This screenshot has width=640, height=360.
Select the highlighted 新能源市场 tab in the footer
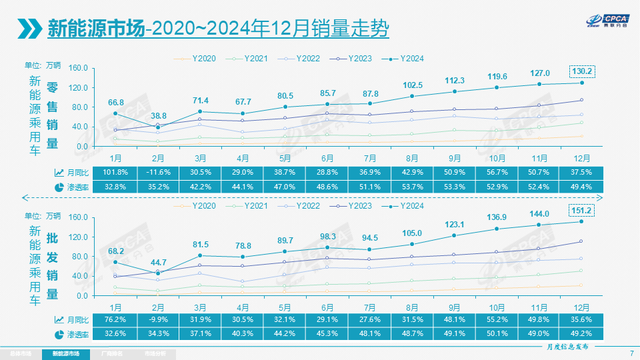tap(59, 353)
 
